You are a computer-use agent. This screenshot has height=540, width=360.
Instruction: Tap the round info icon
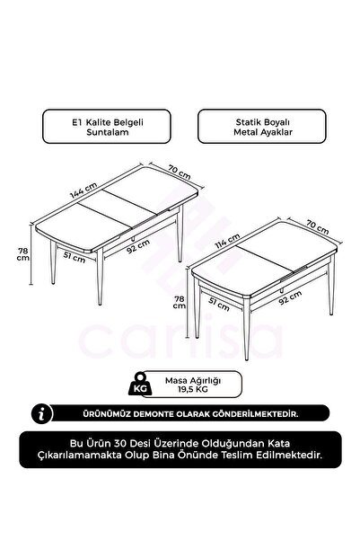tap(39, 413)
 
